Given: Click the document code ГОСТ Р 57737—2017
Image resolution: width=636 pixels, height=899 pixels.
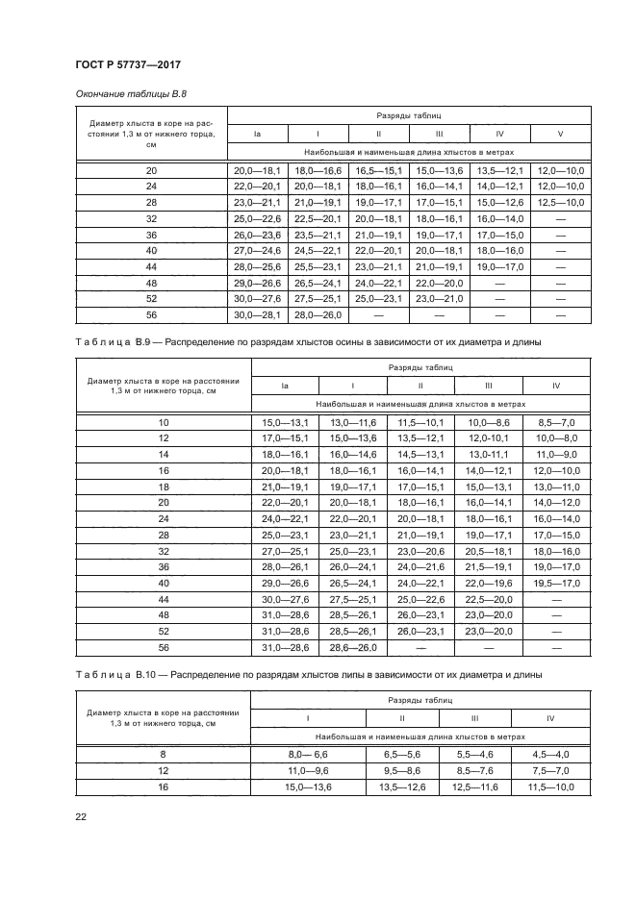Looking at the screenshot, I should (x=128, y=64).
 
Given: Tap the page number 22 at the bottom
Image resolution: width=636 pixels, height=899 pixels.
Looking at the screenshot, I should (x=81, y=816).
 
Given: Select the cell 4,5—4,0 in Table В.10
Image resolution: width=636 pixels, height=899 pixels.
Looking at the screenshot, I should (x=550, y=755).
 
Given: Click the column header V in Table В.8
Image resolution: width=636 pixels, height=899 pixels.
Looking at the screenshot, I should (x=560, y=133).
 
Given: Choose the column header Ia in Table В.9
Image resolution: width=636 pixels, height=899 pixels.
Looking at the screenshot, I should (x=285, y=386).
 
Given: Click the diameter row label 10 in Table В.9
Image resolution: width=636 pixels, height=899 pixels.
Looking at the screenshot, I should (x=163, y=423).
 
